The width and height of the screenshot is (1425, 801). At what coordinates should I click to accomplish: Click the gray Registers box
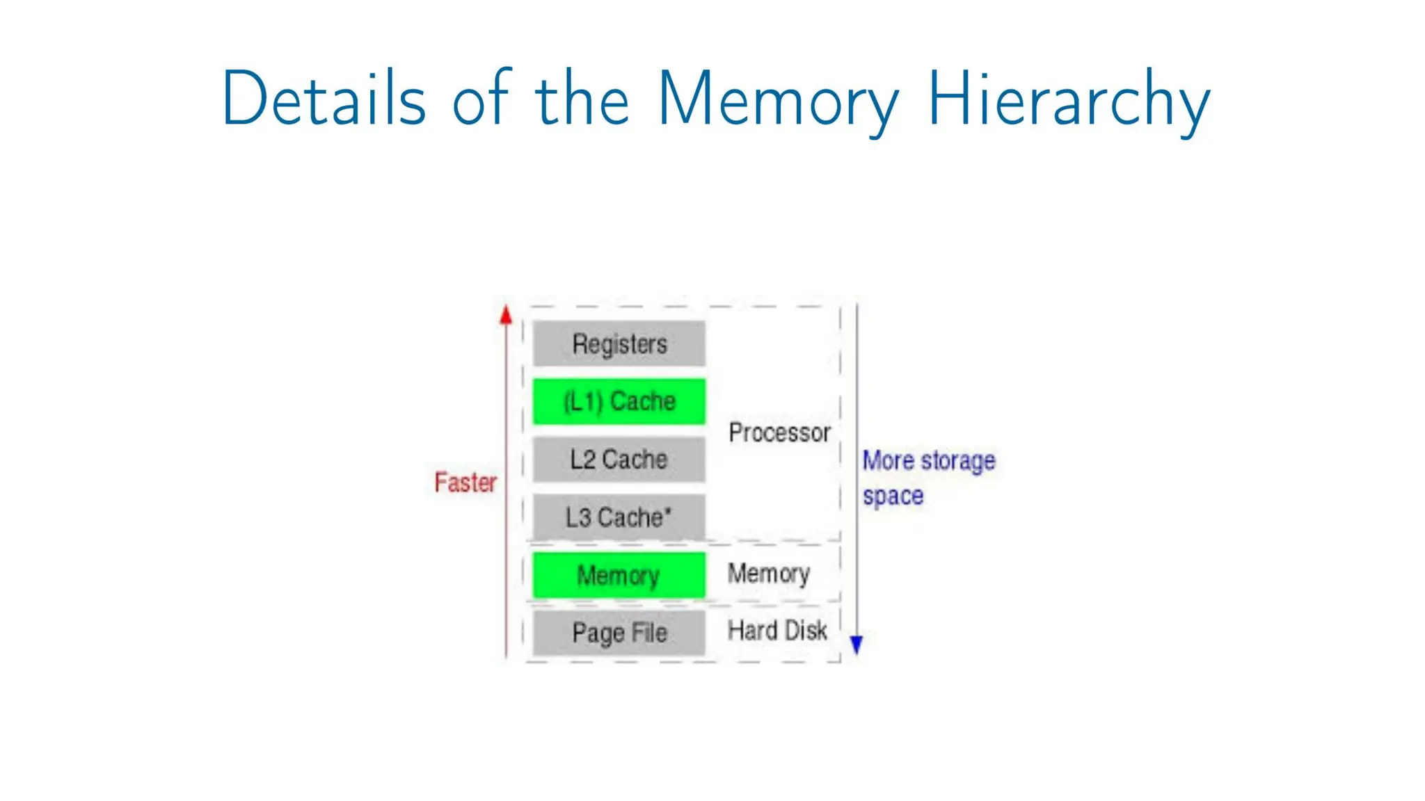tap(619, 343)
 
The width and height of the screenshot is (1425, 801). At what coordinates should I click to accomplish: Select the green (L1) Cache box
tap(619, 401)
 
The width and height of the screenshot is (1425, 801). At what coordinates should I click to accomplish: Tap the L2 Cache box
tap(619, 459)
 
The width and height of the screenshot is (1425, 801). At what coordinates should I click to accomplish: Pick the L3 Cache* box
tap(619, 517)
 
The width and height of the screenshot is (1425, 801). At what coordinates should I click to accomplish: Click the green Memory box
tap(619, 575)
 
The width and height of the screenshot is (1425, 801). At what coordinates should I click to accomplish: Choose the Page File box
tap(619, 633)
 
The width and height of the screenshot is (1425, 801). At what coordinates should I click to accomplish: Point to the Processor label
tap(779, 432)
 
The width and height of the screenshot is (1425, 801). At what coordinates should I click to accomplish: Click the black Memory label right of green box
tap(768, 574)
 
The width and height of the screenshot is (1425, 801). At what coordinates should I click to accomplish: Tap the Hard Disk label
tap(777, 631)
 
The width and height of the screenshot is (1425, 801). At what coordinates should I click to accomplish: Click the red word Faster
tap(465, 482)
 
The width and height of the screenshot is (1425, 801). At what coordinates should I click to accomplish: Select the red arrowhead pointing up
tap(506, 315)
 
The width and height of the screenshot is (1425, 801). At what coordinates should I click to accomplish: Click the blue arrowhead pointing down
tap(857, 645)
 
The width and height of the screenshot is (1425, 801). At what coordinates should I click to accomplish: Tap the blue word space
tap(893, 496)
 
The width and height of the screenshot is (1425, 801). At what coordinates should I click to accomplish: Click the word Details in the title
tap(324, 99)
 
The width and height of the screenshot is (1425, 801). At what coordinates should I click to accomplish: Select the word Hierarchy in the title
tap(1069, 99)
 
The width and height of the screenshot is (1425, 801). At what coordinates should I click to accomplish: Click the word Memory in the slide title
tap(778, 99)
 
